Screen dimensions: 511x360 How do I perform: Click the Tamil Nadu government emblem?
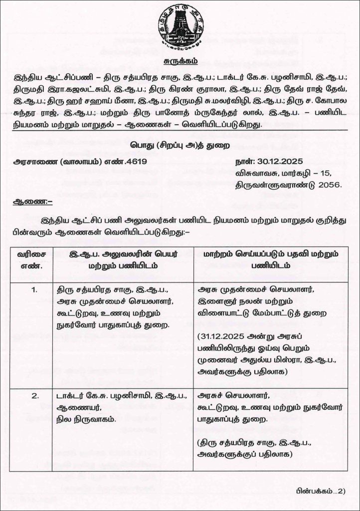point(180,27)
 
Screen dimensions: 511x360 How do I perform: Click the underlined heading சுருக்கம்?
point(180,61)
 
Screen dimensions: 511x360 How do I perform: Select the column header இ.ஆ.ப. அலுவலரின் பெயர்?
point(123,254)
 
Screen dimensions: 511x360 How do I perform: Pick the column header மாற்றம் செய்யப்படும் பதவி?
point(271,254)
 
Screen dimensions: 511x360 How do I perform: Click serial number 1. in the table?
point(34,289)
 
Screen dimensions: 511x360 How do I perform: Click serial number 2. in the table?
point(34,397)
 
